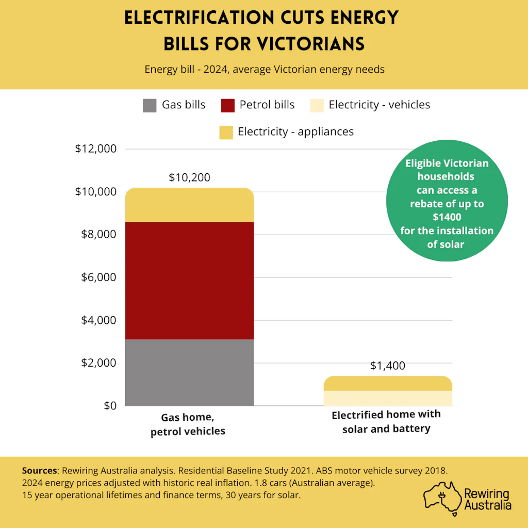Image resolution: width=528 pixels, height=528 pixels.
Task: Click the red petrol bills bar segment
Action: click(x=189, y=280)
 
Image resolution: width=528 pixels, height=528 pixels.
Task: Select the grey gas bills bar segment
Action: click(x=189, y=372)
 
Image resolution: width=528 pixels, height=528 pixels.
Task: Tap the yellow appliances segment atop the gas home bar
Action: click(x=189, y=205)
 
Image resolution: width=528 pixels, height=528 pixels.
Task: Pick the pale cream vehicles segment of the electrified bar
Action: click(x=388, y=398)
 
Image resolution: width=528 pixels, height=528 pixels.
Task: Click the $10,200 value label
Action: click(x=189, y=177)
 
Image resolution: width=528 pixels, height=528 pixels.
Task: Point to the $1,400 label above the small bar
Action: click(x=388, y=366)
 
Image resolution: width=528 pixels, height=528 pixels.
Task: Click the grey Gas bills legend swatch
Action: click(x=150, y=105)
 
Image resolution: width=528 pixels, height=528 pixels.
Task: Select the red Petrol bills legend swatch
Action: click(x=227, y=105)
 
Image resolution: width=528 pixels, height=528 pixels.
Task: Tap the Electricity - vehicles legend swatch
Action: click(x=317, y=105)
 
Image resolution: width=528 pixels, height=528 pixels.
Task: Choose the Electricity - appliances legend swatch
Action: click(x=226, y=133)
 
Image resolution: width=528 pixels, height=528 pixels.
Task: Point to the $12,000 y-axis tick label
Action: click(x=95, y=148)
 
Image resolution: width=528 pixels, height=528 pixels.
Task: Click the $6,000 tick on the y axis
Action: click(x=98, y=277)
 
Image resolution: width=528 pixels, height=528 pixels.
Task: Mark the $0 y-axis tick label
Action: click(x=110, y=406)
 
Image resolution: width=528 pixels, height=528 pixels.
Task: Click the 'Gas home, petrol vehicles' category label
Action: click(x=188, y=424)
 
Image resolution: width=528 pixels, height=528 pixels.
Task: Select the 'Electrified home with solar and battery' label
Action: click(x=386, y=422)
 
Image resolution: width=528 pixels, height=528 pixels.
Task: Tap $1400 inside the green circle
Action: click(x=447, y=217)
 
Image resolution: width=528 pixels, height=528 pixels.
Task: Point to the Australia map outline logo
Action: click(x=442, y=498)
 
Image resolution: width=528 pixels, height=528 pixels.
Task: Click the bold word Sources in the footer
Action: click(x=39, y=470)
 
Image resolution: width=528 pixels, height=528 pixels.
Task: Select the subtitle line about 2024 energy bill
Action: click(x=265, y=69)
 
